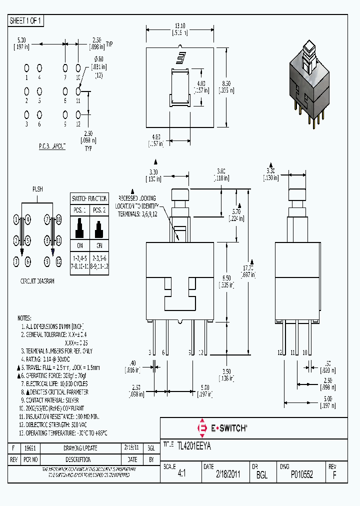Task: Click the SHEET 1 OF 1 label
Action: [26, 20]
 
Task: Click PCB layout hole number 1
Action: [26, 67]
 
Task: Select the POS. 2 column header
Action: [99, 209]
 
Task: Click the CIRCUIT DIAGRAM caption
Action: [37, 281]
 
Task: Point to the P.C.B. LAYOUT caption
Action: [52, 145]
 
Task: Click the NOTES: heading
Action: [24, 318]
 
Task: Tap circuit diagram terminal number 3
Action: [16, 260]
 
